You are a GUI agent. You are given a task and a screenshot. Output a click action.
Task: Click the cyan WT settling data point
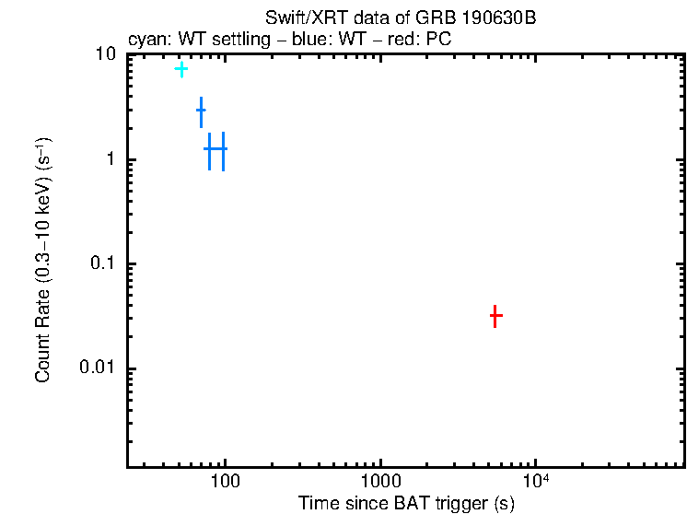(181, 69)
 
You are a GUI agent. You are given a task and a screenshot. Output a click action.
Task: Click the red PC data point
(495, 316)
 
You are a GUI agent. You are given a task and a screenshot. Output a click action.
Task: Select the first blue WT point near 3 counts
(201, 111)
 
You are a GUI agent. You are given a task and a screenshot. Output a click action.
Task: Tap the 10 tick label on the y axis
(107, 55)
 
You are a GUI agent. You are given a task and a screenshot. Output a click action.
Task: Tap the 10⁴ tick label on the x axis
(536, 482)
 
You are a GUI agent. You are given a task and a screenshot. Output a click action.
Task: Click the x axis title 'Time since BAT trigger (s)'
(406, 503)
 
